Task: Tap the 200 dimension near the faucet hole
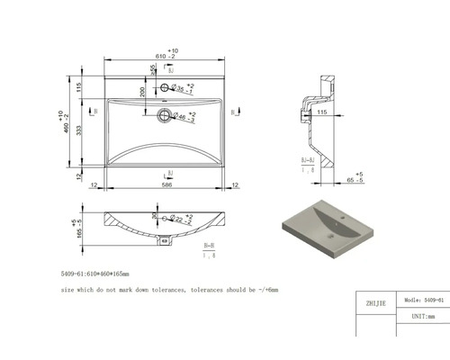tap(142, 93)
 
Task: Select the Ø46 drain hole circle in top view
tap(164, 114)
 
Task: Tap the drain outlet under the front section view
tap(163, 239)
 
